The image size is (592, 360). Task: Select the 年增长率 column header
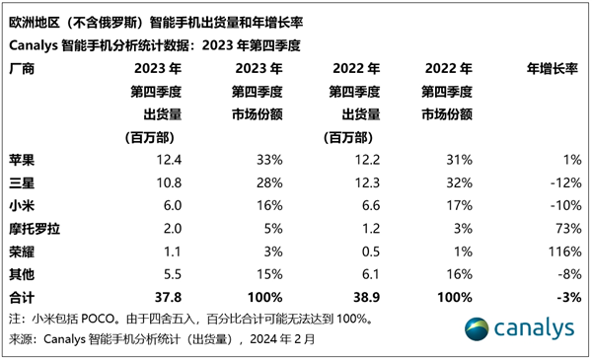[x=554, y=68]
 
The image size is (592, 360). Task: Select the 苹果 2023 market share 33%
[x=269, y=160]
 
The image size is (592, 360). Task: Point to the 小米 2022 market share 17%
[x=459, y=205]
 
